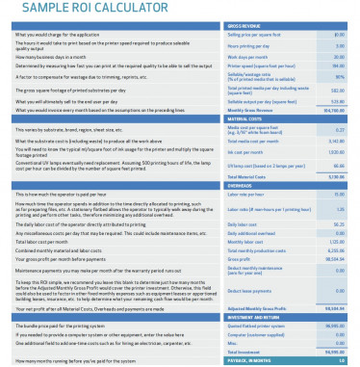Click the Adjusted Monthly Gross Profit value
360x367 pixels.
click(x=336, y=308)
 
